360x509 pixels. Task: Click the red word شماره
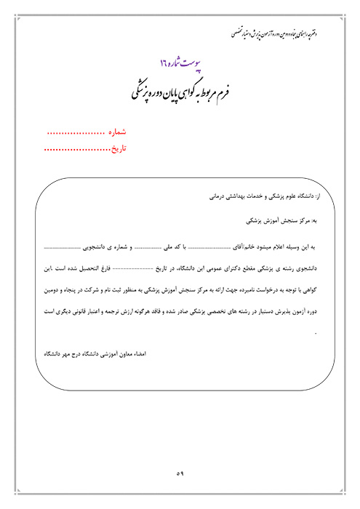(117, 134)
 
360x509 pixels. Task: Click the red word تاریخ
(118, 150)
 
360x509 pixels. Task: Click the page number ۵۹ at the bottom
(180, 473)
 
